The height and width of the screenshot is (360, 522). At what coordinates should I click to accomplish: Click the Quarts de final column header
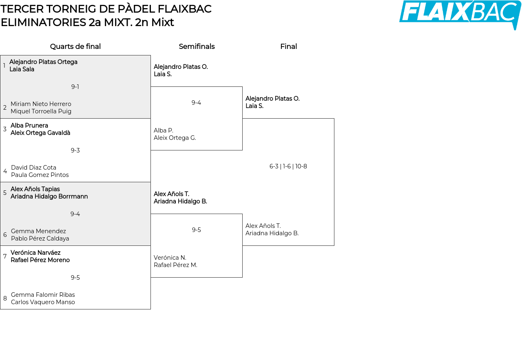point(75,46)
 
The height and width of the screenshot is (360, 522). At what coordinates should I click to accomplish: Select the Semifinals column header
point(197,46)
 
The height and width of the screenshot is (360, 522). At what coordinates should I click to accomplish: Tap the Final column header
point(288,46)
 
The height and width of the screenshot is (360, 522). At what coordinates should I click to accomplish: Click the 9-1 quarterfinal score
point(75,87)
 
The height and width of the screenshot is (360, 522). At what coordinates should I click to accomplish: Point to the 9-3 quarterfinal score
point(75,150)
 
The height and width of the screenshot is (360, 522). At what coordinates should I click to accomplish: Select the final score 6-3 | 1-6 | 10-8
point(288,166)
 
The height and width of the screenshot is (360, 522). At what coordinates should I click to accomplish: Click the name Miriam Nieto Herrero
point(41,104)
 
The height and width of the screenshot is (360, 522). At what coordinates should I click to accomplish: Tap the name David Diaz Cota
point(33,167)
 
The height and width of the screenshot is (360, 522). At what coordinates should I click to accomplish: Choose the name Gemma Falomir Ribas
point(43,294)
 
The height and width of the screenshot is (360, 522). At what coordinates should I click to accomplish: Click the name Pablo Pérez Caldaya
point(40,239)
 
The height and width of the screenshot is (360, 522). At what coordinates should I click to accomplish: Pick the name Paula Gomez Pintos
point(40,175)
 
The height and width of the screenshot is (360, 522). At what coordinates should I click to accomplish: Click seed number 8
point(5,298)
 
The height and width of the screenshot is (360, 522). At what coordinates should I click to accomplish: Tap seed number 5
point(5,192)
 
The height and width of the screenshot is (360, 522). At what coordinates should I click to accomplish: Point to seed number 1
point(4,66)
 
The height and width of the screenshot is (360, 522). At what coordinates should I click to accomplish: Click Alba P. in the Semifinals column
point(164,130)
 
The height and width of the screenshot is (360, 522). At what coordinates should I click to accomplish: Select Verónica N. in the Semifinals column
point(170,258)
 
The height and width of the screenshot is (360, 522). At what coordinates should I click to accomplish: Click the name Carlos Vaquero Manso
point(43,302)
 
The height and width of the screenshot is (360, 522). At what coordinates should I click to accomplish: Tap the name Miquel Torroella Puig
point(41,111)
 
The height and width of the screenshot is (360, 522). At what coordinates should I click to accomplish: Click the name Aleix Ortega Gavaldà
point(40,133)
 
